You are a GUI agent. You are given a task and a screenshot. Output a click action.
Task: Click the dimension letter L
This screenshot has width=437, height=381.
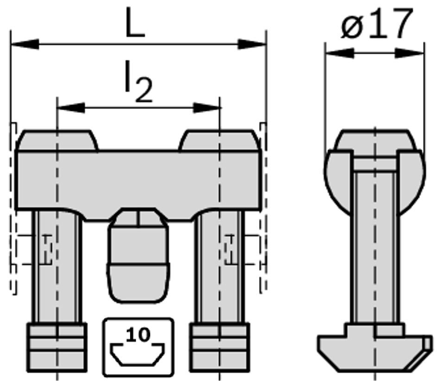(x=135, y=23)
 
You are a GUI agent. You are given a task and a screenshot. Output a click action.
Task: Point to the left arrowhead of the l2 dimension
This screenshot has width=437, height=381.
(x=70, y=108)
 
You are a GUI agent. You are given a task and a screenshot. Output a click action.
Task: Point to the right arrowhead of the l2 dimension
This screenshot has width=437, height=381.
(x=207, y=108)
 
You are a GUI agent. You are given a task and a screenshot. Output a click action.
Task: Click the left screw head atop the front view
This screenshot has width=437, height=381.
(x=57, y=140)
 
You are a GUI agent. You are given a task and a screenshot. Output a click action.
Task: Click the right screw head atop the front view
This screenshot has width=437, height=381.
(x=218, y=140)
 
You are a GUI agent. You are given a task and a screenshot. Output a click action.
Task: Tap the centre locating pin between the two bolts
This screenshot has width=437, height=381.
(x=138, y=255)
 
